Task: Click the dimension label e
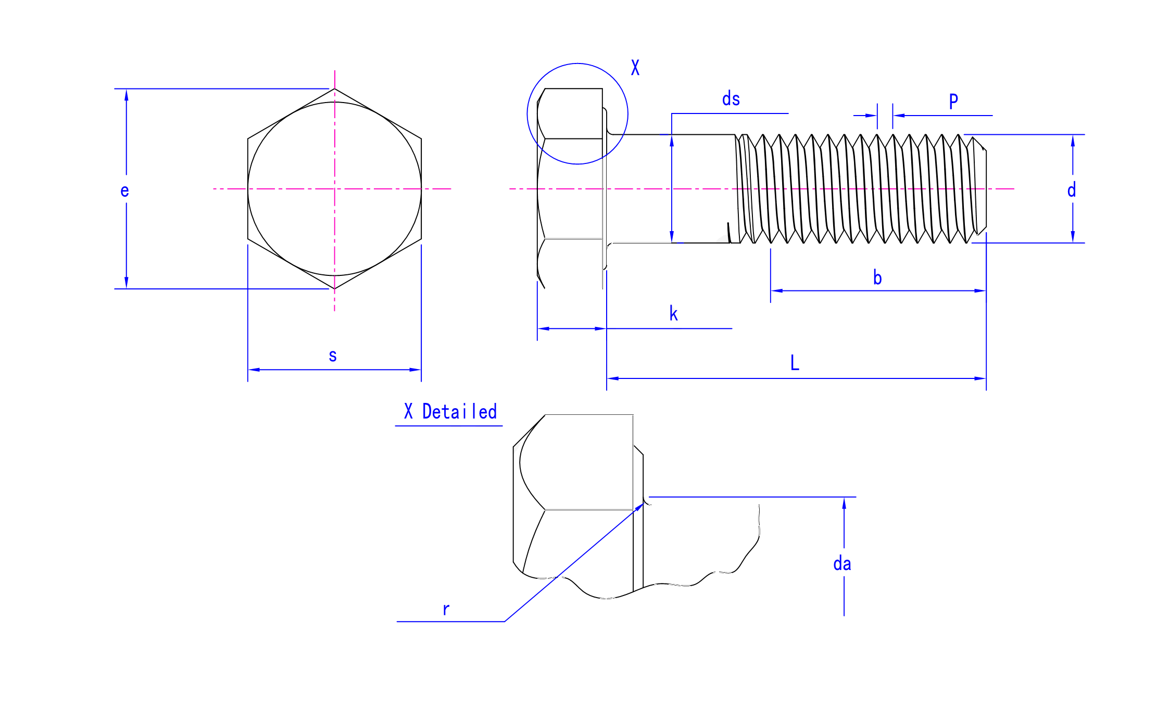point(124,191)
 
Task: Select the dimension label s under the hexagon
point(333,356)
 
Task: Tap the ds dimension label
point(731,99)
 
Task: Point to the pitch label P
point(953,101)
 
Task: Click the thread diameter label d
point(1071,190)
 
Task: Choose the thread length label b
point(877,277)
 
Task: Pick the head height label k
point(673,313)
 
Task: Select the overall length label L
point(795,362)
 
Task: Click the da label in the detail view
point(842,563)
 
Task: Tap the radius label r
point(446,609)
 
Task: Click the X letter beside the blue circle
point(635,68)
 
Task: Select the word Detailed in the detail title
point(459,412)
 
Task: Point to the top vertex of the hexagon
point(334,89)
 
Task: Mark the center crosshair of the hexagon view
point(334,189)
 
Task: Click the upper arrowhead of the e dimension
point(126,94)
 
